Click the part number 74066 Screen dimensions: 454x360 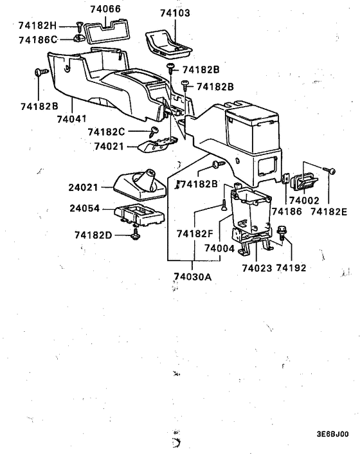[105, 9]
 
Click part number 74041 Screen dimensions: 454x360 [71, 120]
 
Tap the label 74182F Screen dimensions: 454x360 [195, 233]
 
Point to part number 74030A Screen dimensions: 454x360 [192, 277]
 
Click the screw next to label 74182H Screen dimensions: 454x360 [79, 26]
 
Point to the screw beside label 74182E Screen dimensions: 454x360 [331, 170]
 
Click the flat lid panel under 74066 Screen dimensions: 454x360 [108, 28]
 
